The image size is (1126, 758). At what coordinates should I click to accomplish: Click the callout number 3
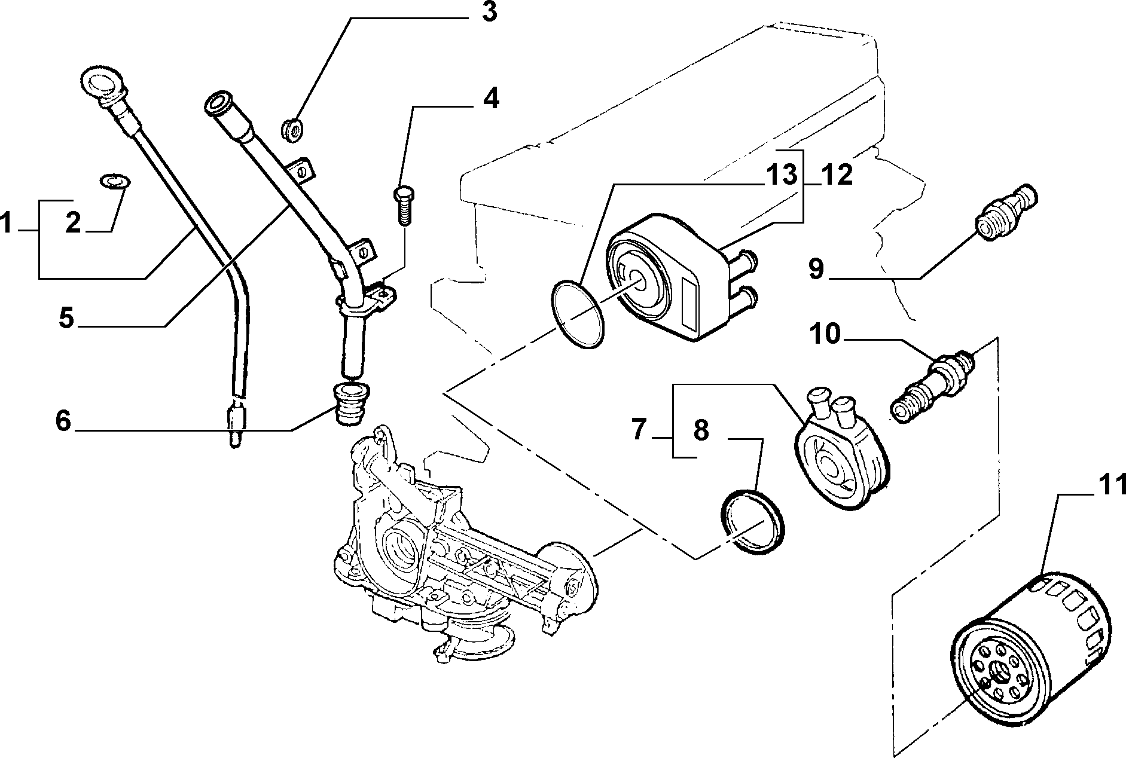coord(489,12)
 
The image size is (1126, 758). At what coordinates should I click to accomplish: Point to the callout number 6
coord(63,421)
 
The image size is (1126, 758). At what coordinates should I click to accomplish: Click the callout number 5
coord(66,318)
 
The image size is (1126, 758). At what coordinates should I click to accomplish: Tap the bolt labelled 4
coord(404,206)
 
